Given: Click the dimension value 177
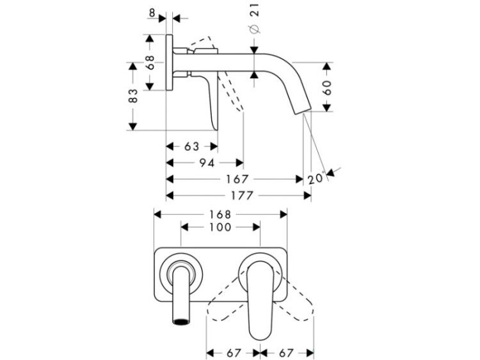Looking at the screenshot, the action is pyautogui.click(x=242, y=195).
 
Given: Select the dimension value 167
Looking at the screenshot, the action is pyautogui.click(x=237, y=179).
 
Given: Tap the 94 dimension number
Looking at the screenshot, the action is pyautogui.click(x=207, y=162).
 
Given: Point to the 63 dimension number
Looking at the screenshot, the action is pyautogui.click(x=192, y=146).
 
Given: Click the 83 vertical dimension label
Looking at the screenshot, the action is pyautogui.click(x=133, y=95).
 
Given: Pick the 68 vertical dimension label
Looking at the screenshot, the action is pyautogui.click(x=150, y=62).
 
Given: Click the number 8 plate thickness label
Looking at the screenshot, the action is pyautogui.click(x=152, y=13).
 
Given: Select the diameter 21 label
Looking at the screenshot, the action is pyautogui.click(x=255, y=19).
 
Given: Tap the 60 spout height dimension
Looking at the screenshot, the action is pyautogui.click(x=327, y=88).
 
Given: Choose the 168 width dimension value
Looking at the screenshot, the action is pyautogui.click(x=220, y=214).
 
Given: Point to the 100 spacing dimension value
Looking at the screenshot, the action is pyautogui.click(x=220, y=227).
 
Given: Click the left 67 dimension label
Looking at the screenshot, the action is pyautogui.click(x=234, y=353).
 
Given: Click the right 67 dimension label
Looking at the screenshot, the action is pyautogui.click(x=286, y=353).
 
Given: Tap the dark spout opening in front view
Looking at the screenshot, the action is pyautogui.click(x=181, y=322).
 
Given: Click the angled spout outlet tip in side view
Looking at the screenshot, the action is pyautogui.click(x=303, y=111).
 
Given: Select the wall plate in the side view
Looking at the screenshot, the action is pyautogui.click(x=170, y=63).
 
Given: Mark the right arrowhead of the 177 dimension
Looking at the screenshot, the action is pyautogui.click(x=307, y=196).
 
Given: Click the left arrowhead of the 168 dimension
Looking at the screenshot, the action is pyautogui.click(x=157, y=214).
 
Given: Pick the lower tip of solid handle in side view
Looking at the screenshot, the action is pyautogui.click(x=216, y=129).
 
